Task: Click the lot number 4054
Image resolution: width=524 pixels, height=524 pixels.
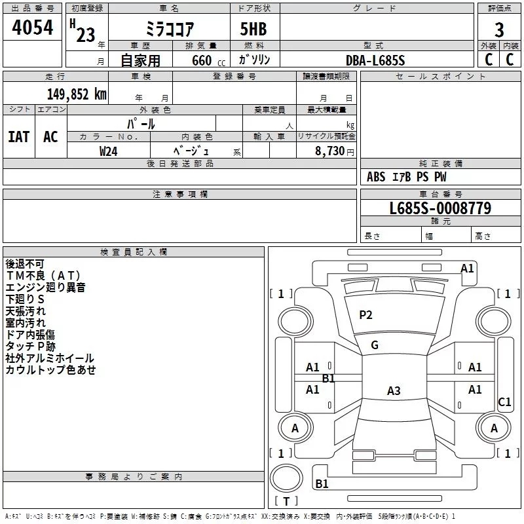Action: [33, 28]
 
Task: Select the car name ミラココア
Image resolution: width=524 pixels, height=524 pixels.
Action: [170, 29]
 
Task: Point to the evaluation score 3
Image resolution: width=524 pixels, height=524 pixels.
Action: [499, 29]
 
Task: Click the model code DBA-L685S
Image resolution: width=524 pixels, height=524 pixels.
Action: [375, 60]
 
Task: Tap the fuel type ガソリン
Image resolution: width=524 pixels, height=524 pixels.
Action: [254, 60]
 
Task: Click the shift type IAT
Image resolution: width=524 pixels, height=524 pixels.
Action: [18, 136]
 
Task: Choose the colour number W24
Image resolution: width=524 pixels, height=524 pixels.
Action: [109, 151]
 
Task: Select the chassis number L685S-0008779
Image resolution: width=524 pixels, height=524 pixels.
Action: [440, 209]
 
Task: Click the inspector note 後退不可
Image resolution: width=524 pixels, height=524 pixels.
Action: [25, 263]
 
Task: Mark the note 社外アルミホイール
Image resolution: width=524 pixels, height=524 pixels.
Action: [50, 358]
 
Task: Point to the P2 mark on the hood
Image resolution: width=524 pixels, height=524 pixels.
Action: [365, 315]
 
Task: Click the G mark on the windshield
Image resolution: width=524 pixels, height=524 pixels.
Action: [375, 345]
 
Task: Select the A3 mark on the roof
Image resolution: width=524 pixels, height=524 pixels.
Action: [394, 391]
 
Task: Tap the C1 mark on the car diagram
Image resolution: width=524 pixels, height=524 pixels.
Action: [504, 402]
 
